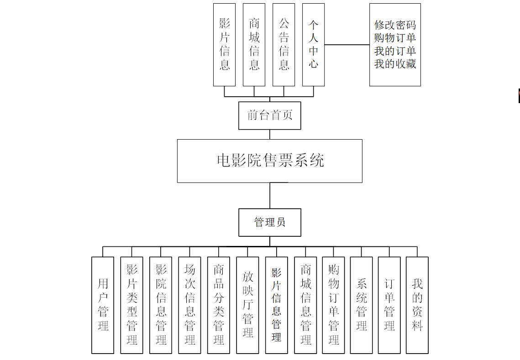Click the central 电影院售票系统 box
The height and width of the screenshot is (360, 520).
[x=269, y=161]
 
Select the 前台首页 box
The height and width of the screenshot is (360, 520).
[x=269, y=115]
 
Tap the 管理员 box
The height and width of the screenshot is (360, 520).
[x=269, y=222]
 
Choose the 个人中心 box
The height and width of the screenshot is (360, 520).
[x=313, y=45]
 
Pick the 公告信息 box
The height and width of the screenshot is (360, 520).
[x=284, y=45]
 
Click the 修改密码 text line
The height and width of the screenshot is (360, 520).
[x=395, y=25]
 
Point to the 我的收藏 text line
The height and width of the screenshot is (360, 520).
[x=395, y=64]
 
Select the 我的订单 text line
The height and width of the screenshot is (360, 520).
[x=395, y=51]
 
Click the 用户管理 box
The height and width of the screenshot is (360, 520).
[x=103, y=305]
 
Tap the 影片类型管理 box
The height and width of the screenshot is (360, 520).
[x=131, y=305]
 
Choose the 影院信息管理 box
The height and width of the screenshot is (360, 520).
[x=161, y=305]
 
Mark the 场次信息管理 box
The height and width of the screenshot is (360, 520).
[x=189, y=305]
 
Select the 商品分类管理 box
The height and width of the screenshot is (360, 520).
[x=219, y=305]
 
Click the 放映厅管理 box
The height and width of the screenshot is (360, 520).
[x=247, y=305]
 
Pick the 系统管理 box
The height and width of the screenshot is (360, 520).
[x=362, y=305]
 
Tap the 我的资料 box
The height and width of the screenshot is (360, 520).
[x=417, y=305]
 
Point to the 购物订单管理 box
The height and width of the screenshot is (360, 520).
[x=333, y=305]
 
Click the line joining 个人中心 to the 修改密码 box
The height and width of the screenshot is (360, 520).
[x=347, y=45]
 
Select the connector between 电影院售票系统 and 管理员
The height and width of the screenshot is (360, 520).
[x=270, y=195]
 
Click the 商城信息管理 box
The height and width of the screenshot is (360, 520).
[x=305, y=305]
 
